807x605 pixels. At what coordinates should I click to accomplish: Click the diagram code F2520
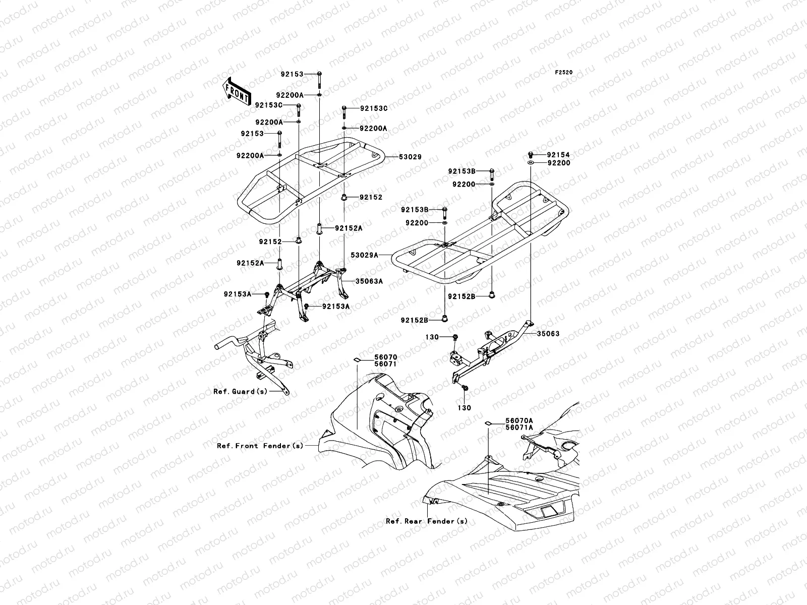564,73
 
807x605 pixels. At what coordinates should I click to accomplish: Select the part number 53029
411,157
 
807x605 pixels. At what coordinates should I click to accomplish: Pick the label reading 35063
548,334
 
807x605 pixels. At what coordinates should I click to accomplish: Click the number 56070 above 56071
385,357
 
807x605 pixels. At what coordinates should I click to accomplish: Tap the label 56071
385,364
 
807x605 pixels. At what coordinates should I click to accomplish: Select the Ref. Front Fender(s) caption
260,446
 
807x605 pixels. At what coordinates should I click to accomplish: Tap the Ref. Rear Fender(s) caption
427,521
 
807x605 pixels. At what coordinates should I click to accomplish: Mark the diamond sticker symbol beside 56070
357,359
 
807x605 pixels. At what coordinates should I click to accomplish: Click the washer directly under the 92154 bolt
531,164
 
